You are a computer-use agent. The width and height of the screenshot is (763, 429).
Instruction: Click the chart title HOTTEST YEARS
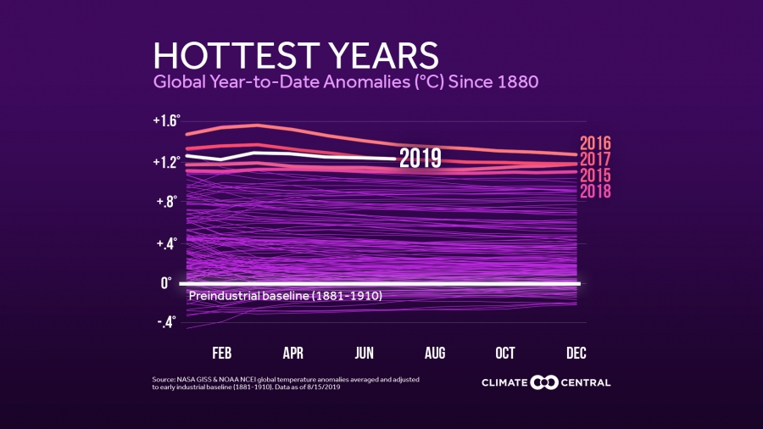[296, 56]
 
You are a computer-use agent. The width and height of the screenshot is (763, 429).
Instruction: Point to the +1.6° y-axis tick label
[166, 121]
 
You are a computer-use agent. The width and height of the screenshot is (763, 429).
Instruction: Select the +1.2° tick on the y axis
[166, 161]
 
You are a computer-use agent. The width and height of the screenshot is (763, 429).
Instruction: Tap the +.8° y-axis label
[167, 202]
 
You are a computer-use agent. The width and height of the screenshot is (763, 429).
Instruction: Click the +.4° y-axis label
[167, 244]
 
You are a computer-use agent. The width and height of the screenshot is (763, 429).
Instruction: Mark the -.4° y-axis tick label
[167, 322]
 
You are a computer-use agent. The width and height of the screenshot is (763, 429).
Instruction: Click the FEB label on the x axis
[222, 353]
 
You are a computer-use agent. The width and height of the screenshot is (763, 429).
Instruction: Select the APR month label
[293, 353]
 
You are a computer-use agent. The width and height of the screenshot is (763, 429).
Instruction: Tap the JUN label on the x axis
[365, 353]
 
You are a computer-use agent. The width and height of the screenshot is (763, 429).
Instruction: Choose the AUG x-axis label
[435, 353]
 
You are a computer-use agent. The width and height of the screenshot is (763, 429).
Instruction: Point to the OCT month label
[505, 353]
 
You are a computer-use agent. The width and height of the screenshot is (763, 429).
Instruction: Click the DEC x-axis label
[576, 353]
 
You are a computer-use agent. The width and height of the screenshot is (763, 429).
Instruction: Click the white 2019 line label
[420, 159]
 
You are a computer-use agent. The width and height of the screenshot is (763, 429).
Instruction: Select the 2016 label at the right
[595, 143]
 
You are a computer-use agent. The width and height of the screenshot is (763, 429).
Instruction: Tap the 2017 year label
[595, 159]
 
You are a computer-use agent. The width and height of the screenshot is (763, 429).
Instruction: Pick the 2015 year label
[595, 175]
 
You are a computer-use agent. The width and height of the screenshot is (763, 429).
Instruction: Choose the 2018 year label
[595, 192]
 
